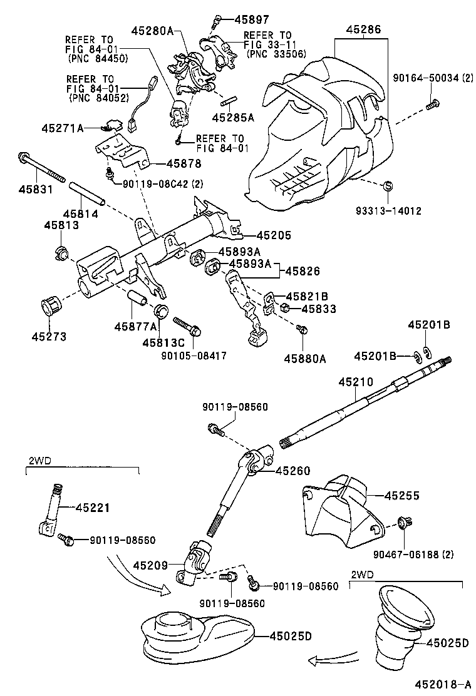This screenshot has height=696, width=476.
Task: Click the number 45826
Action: pyautogui.click(x=303, y=272)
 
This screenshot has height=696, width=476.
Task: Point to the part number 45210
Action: pyautogui.click(x=356, y=381)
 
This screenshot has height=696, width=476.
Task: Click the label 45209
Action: pyautogui.click(x=150, y=565)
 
